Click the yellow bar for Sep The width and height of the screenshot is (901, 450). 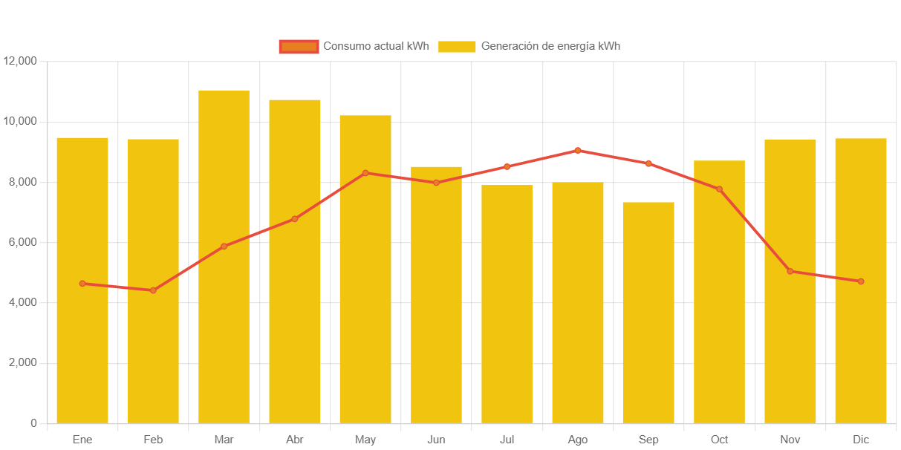coord(648,313)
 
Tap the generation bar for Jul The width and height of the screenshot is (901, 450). coord(507,304)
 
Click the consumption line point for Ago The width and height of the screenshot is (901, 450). coord(578,151)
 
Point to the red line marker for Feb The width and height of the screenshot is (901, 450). coord(153,290)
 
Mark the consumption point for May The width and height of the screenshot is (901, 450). coord(365,173)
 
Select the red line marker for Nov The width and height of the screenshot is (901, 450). coord(790,271)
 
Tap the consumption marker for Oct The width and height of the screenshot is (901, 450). coord(719,189)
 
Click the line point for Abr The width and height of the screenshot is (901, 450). coord(295,219)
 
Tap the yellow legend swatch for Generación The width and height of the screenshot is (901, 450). coord(457,47)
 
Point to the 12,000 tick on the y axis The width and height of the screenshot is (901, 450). coord(20,61)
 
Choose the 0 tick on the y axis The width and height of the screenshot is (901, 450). coord(33,423)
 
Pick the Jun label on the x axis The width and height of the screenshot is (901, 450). coord(436,440)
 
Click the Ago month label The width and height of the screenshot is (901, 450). coord(578,440)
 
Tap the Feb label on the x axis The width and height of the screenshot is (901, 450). coord(153,440)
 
